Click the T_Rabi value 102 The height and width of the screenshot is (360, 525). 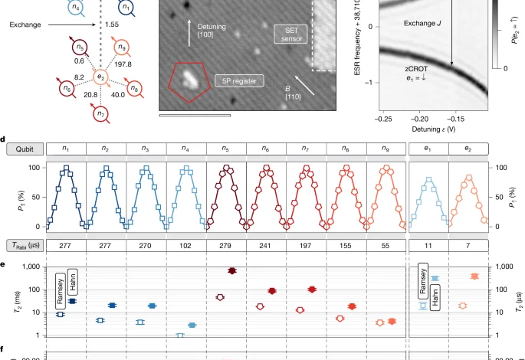(x=186, y=245)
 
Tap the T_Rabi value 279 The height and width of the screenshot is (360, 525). (x=227, y=245)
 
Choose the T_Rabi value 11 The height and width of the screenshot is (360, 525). (x=428, y=245)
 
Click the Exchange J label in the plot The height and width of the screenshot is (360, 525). (x=423, y=24)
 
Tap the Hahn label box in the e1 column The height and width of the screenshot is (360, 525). (x=435, y=290)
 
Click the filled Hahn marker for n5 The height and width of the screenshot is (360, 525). (x=232, y=270)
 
